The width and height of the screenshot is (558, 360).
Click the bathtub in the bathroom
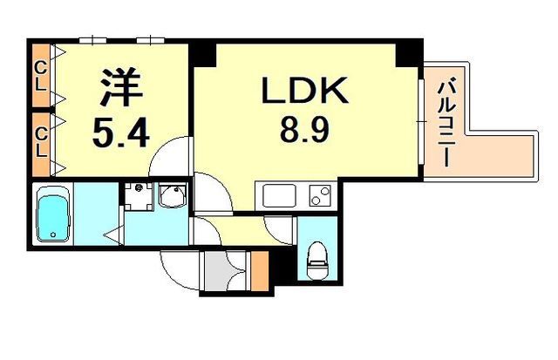52,214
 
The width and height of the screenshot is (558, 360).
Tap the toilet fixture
316,261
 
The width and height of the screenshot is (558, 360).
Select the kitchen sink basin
279,195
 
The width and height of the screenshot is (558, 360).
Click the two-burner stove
320,195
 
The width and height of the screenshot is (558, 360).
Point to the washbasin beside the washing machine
173,195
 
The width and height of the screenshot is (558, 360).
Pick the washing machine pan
138,196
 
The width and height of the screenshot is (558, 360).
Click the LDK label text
304,91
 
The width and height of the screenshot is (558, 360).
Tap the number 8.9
304,130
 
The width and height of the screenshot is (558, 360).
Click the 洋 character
121,87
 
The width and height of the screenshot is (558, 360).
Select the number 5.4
120,133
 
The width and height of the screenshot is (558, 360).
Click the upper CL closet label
42,76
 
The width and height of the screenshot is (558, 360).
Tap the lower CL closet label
42,143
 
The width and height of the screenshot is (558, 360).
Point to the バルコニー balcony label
445,124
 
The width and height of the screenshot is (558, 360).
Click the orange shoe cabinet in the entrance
260,271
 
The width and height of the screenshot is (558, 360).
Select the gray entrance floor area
220,271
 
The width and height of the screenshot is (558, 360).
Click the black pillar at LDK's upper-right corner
409,53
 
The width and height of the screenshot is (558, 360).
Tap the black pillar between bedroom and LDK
202,53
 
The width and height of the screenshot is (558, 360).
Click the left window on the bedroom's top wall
93,40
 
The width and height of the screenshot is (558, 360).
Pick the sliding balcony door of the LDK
421,122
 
